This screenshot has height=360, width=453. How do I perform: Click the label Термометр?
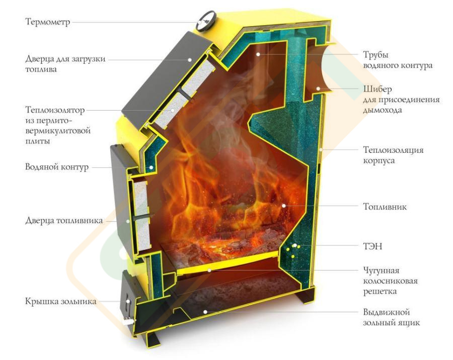tap(48, 22)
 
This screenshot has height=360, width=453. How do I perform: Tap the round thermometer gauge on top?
tap(205, 20)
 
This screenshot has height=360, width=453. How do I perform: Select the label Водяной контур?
tap(56, 167)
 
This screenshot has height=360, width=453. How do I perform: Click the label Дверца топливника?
tap(64, 221)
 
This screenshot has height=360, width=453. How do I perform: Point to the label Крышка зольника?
tap(61, 301)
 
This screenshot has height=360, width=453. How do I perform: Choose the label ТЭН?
tap(372, 246)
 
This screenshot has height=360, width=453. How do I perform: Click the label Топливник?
tap(385, 207)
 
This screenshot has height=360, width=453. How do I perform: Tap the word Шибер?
tap(377, 89)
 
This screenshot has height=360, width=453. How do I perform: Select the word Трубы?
tap(375, 55)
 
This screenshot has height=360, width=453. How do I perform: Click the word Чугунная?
tap(381, 271)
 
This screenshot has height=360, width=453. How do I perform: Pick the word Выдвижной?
tap(386, 312)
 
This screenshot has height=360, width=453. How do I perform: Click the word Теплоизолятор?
tap(55, 110)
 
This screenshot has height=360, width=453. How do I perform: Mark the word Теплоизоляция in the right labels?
tap(393, 150)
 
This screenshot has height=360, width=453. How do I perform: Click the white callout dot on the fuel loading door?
tap(190, 60)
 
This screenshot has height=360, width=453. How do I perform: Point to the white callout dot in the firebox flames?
tap(284, 206)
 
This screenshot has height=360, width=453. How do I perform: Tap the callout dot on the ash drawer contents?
tap(205, 312)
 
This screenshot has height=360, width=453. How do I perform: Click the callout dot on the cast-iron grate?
tap(209, 270)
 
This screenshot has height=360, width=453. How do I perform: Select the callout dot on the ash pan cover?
tap(128, 301)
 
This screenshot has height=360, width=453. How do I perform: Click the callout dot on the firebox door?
tap(128, 221)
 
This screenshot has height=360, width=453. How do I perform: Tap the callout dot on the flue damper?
tap(318, 88)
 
